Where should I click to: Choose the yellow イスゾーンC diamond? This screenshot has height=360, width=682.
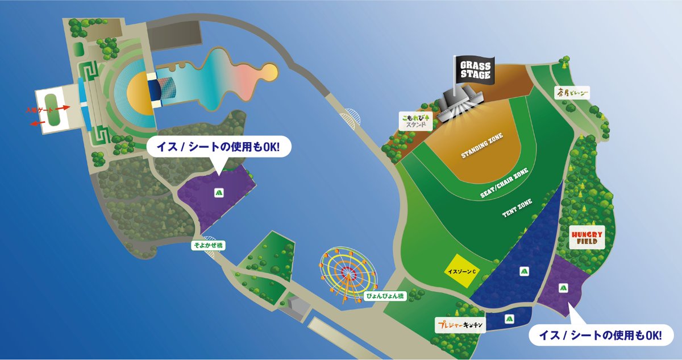[460, 271]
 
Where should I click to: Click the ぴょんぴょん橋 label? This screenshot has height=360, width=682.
[385, 296]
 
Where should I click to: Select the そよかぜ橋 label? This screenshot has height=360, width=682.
[209, 245]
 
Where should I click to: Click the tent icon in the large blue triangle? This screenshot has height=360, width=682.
[522, 271]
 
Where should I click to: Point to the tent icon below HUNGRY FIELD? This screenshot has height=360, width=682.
[564, 287]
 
